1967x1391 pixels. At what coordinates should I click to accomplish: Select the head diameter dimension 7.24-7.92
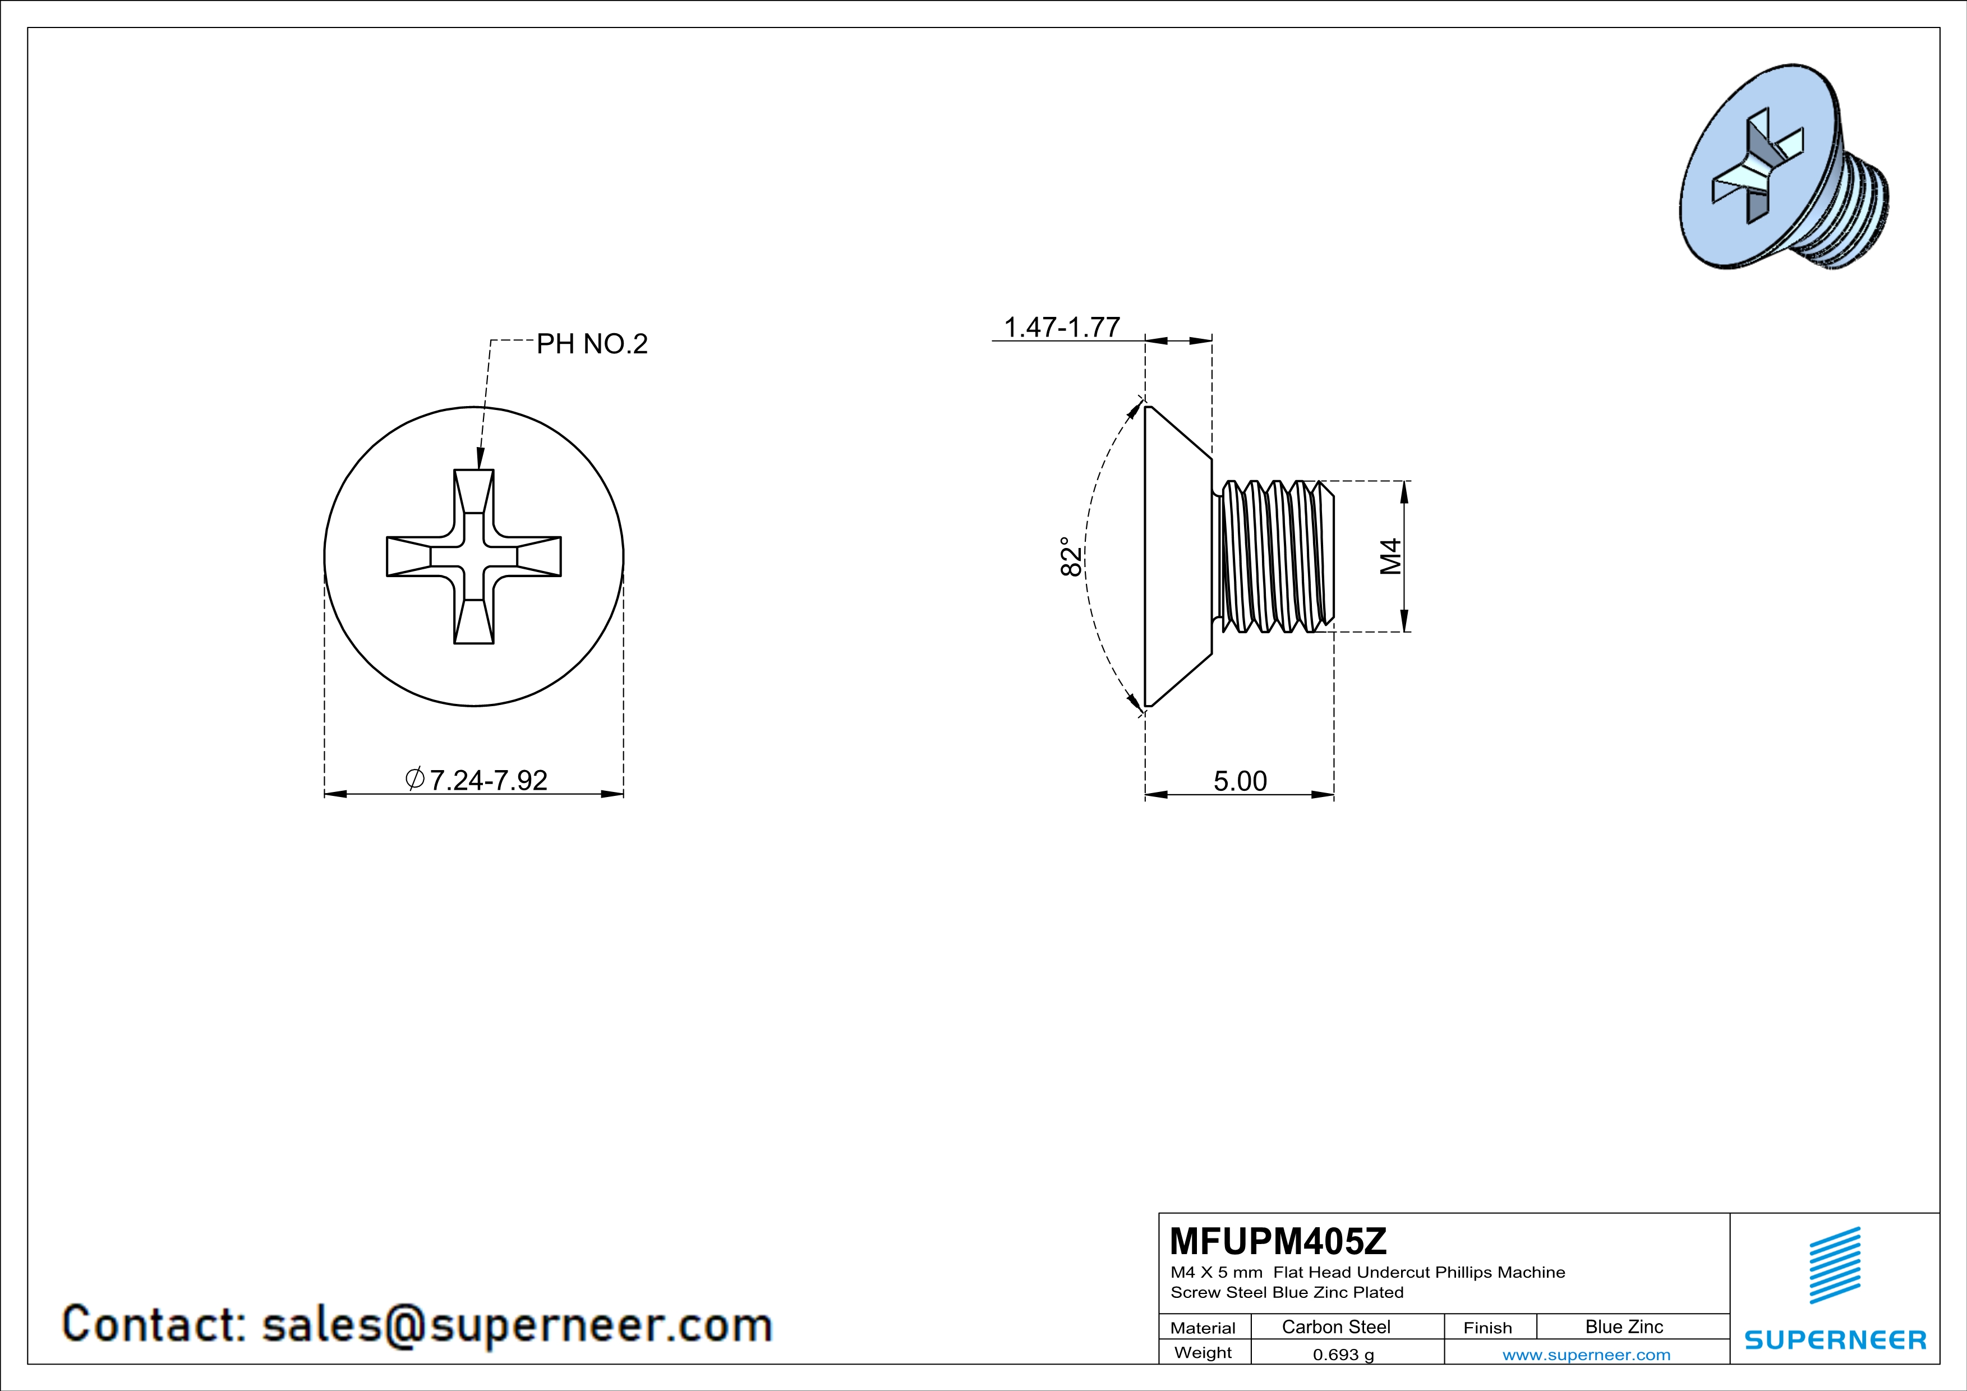(476, 780)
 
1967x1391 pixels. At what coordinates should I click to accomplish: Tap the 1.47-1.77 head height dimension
(1061, 326)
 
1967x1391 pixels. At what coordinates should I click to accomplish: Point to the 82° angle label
(1071, 557)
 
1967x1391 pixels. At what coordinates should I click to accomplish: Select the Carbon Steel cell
(1335, 1326)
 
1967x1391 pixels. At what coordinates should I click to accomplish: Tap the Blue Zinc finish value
(1624, 1326)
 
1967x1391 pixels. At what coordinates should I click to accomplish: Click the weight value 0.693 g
(1343, 1354)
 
